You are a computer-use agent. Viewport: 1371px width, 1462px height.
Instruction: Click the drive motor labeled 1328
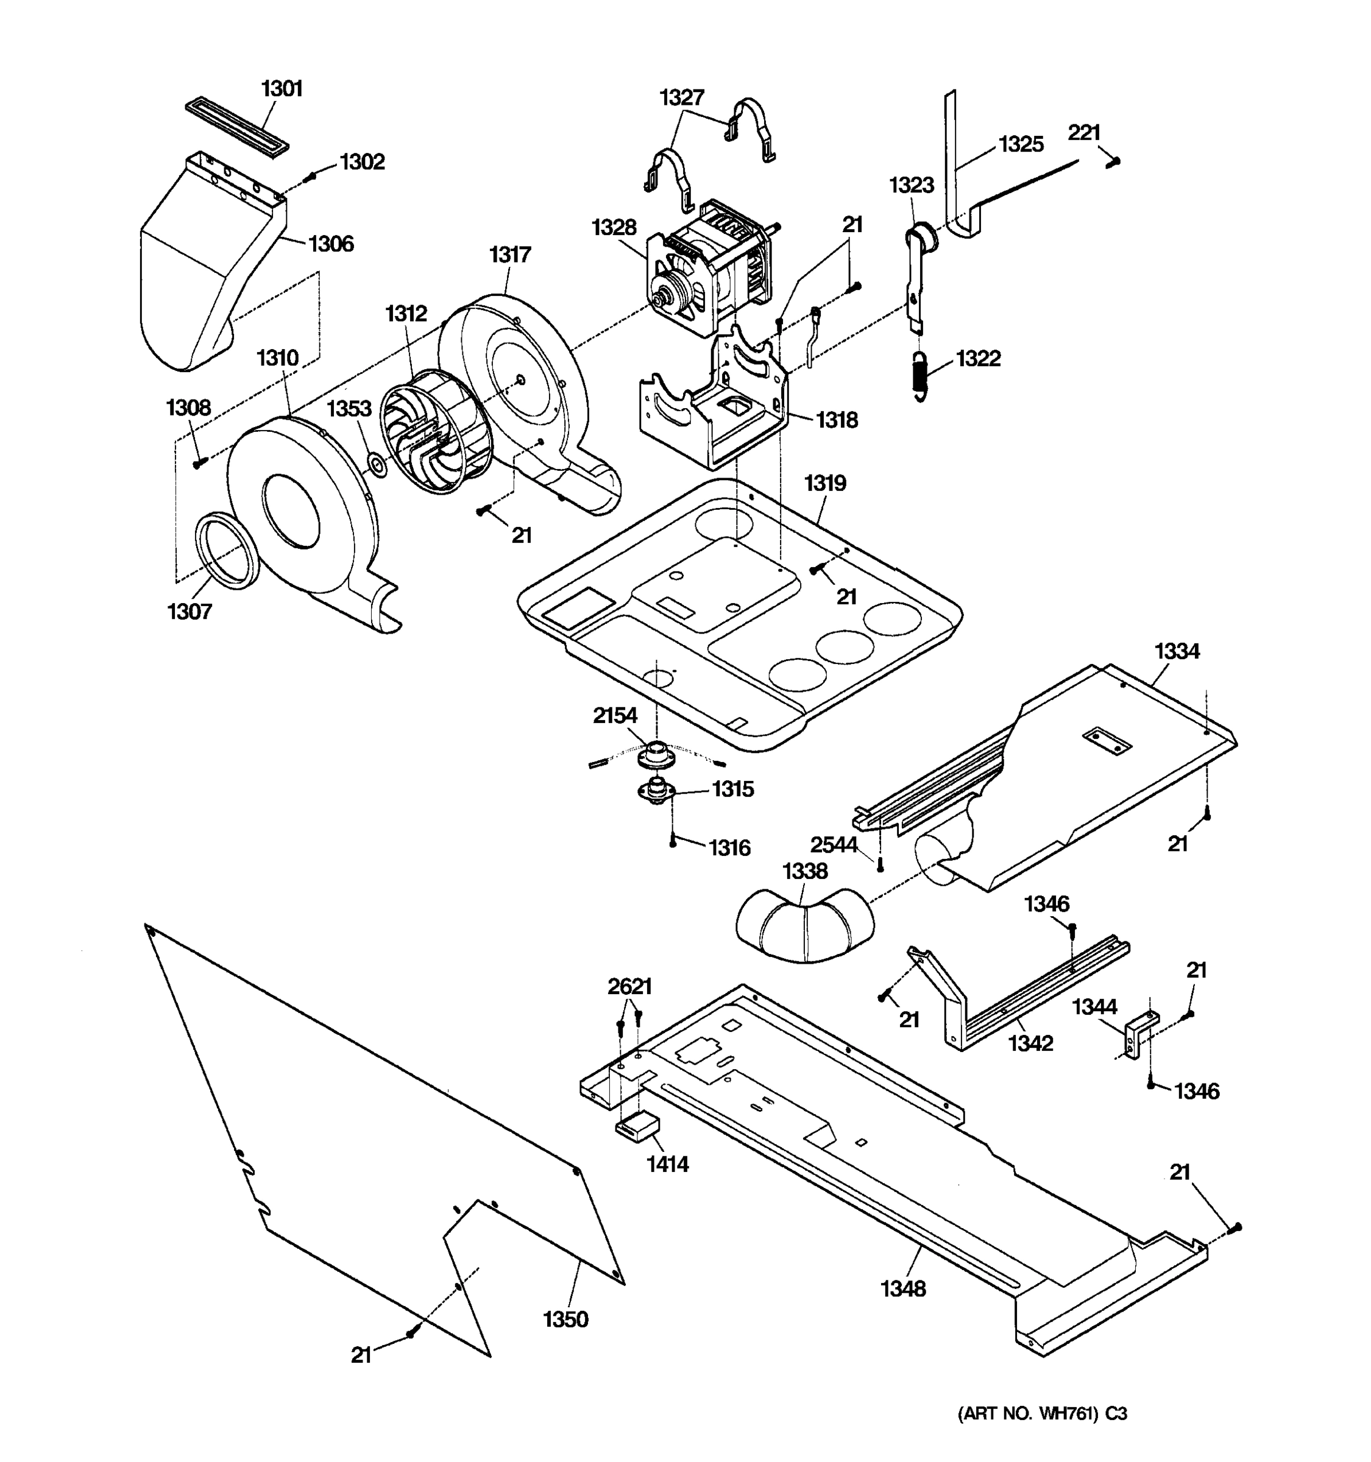click(710, 269)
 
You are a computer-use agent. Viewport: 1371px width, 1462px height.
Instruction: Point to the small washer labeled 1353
click(378, 465)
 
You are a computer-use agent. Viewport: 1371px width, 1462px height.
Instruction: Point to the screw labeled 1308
click(199, 462)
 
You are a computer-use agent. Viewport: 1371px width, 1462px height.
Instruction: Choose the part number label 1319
click(824, 483)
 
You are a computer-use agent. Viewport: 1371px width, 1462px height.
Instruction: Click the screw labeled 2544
click(880, 864)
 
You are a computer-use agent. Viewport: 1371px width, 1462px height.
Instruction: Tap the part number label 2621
click(629, 986)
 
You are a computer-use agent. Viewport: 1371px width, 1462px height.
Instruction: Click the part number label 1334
click(1176, 651)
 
